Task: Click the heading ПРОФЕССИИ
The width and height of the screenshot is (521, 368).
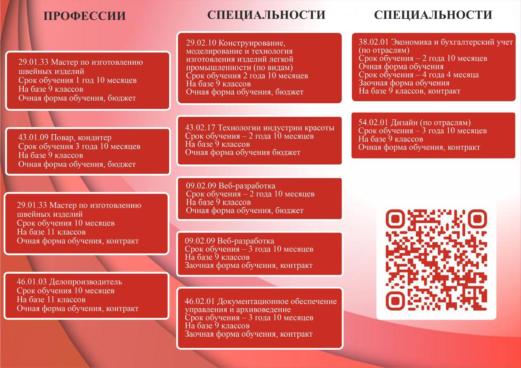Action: coord(85,16)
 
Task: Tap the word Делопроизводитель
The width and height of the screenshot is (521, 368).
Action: coord(85,282)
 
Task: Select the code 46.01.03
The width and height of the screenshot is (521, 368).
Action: coord(32,282)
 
